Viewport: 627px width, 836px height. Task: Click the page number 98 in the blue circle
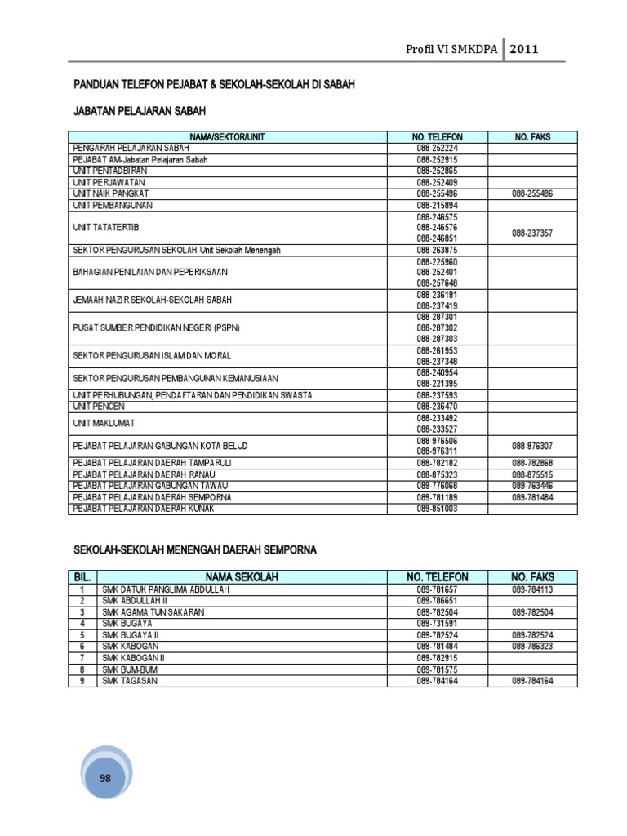coord(104,778)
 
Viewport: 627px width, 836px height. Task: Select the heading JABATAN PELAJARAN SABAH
coord(139,110)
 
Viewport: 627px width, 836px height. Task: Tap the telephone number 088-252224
coord(438,149)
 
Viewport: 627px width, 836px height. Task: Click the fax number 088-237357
coord(532,233)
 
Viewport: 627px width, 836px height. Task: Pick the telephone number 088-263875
coord(438,250)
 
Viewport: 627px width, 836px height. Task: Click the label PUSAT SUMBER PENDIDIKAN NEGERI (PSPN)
coord(156,327)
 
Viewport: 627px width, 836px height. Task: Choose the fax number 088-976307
coord(532,446)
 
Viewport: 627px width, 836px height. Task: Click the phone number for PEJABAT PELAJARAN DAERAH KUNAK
coord(438,508)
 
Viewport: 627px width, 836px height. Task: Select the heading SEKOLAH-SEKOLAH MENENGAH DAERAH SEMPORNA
coord(194,550)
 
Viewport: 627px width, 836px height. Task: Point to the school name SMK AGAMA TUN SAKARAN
coord(153,611)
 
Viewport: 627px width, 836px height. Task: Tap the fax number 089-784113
coord(532,589)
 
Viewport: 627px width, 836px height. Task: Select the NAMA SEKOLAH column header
coord(242,577)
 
